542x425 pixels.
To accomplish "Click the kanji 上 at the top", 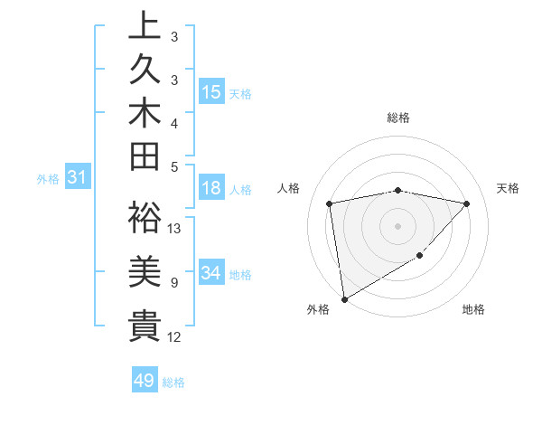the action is click(x=145, y=27).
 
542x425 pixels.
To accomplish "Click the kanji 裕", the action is click(x=145, y=218).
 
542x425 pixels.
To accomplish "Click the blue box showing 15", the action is click(x=211, y=92).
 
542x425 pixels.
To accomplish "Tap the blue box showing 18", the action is click(x=211, y=188).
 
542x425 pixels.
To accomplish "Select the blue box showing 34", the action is click(x=211, y=273).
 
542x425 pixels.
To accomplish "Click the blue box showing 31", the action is click(x=77, y=178).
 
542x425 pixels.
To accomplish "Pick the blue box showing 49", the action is click(x=145, y=381).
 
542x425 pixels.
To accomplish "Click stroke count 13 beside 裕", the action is click(x=174, y=228).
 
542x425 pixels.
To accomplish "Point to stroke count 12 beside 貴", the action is click(x=174, y=337).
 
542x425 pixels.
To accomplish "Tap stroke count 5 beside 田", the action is click(x=173, y=166).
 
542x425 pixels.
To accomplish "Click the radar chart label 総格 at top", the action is click(x=398, y=118).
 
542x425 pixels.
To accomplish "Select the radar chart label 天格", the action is click(x=509, y=188).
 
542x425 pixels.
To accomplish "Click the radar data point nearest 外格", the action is click(x=344, y=298).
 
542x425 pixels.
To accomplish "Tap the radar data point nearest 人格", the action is click(x=330, y=203).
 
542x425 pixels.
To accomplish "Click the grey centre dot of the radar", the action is click(x=397, y=225).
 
